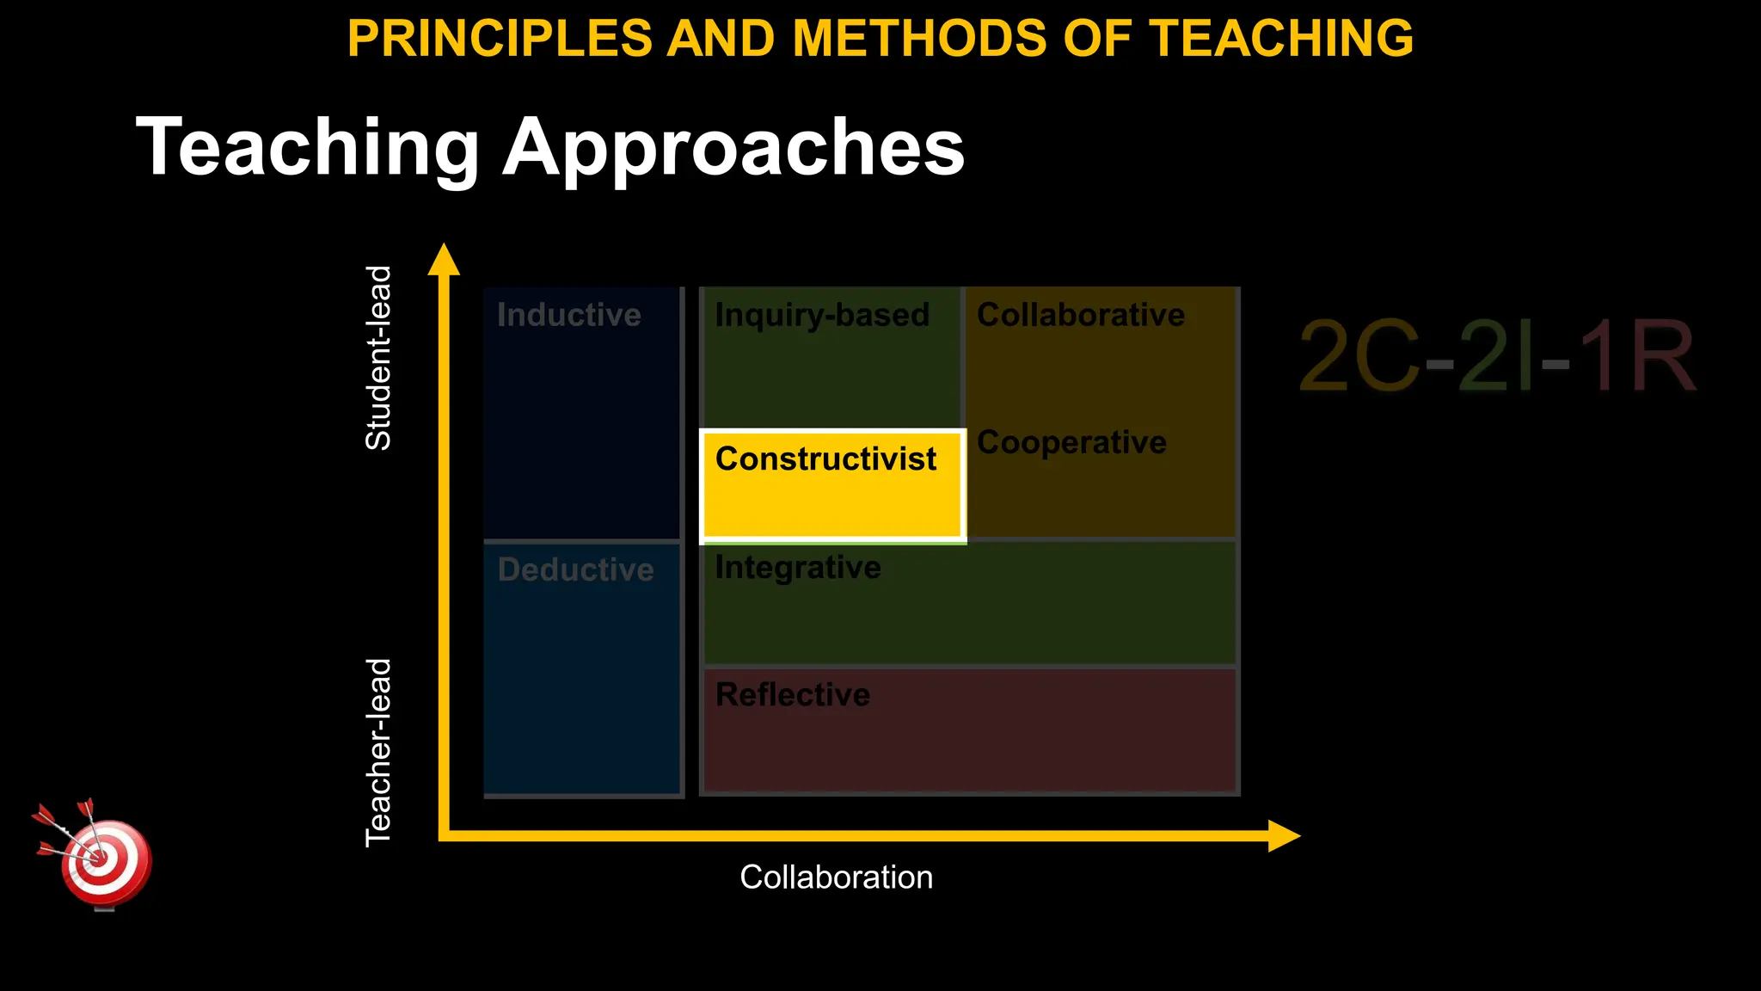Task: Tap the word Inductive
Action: point(568,315)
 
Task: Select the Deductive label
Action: point(575,569)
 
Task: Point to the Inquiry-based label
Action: point(822,315)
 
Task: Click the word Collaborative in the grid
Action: point(1080,315)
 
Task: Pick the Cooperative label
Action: point(1071,442)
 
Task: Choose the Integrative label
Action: point(798,568)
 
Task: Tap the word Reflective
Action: point(793,694)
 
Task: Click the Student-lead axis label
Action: point(378,358)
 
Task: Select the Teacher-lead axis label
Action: point(378,753)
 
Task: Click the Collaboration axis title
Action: point(836,877)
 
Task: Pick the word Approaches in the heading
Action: point(733,148)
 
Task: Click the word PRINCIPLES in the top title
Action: point(500,39)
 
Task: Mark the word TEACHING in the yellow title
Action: point(1281,39)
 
